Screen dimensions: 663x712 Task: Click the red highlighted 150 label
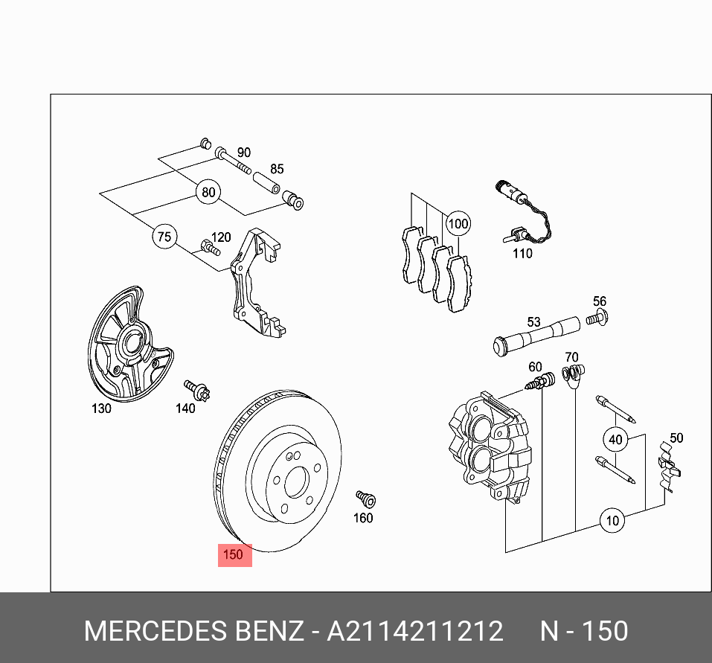coord(234,554)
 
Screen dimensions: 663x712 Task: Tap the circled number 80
coord(208,193)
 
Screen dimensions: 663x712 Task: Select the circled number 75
coord(164,237)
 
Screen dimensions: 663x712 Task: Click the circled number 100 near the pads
coord(458,223)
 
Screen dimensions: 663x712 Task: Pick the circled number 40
coord(615,440)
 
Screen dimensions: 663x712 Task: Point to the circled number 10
coord(612,520)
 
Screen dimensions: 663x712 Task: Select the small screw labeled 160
coord(365,498)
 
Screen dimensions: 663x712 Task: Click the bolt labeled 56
coord(595,319)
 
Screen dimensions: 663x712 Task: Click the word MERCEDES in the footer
coord(152,632)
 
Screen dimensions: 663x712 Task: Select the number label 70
coord(571,357)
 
